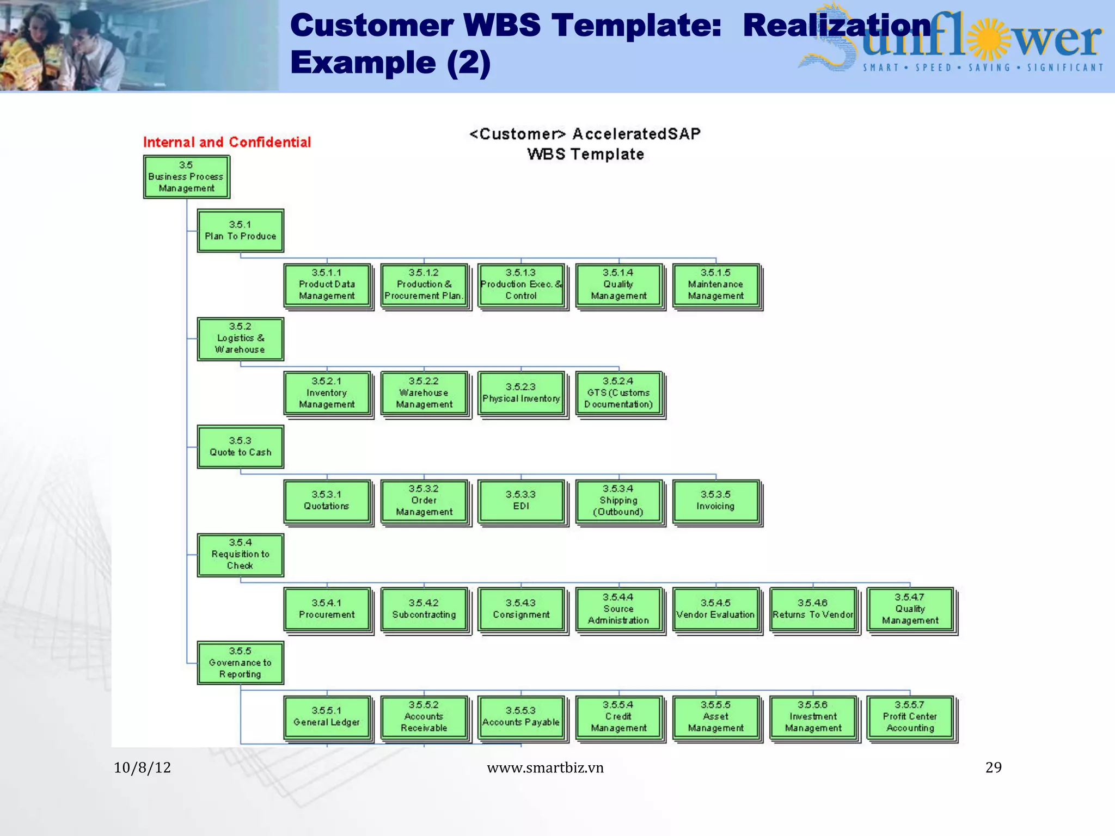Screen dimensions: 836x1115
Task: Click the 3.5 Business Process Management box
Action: point(186,177)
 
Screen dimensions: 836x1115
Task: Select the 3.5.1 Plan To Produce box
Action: point(240,231)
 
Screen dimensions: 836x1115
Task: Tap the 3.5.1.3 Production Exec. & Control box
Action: point(521,285)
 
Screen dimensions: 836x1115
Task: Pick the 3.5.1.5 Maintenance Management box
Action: point(715,285)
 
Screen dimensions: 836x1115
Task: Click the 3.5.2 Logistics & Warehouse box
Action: point(240,339)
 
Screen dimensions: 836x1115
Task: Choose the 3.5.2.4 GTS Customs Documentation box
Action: point(618,393)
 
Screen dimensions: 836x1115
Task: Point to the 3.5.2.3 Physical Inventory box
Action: point(521,393)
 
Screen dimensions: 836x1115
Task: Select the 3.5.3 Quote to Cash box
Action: point(240,447)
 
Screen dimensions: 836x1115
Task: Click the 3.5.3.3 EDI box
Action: point(521,501)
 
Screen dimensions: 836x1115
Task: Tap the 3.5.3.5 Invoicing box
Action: point(715,501)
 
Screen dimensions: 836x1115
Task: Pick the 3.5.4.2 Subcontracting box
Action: point(424,609)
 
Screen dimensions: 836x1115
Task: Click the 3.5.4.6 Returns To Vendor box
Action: point(813,609)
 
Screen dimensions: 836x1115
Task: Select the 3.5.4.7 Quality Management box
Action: point(910,609)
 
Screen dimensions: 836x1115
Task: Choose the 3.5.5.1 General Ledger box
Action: point(327,717)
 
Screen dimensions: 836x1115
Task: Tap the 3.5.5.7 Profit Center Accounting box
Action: point(910,717)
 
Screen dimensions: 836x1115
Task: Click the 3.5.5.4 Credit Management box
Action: point(618,717)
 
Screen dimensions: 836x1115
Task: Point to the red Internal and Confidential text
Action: point(227,143)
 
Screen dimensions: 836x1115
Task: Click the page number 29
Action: point(993,767)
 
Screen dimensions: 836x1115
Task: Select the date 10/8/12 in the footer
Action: point(142,767)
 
